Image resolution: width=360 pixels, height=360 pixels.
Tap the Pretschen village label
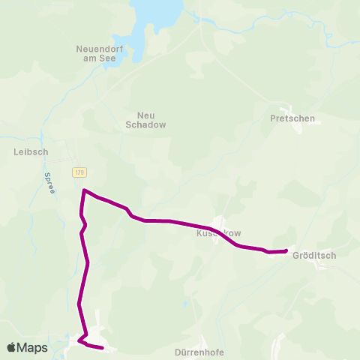click(x=292, y=118)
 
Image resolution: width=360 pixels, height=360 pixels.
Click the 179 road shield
click(x=79, y=172)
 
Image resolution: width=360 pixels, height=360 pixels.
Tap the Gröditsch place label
click(x=315, y=255)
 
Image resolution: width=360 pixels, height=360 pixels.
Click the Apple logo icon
click(x=11, y=347)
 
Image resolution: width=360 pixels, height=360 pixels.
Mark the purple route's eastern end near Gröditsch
click(x=286, y=251)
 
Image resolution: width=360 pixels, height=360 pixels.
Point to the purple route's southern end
click(x=101, y=348)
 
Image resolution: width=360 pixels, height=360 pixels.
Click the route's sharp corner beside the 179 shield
click(x=83, y=190)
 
